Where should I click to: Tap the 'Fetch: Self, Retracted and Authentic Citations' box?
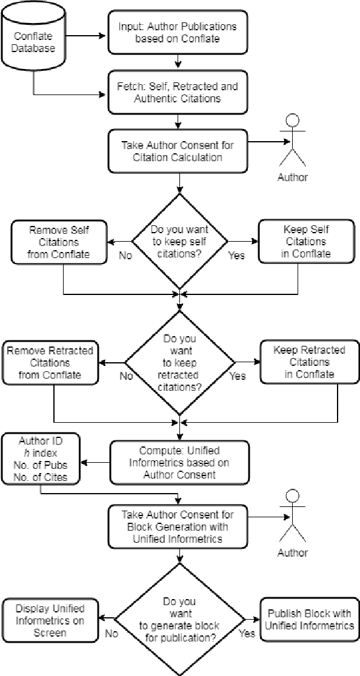coord(178,93)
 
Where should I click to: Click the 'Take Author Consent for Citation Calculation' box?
coord(178,151)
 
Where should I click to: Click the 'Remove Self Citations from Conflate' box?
coord(59,241)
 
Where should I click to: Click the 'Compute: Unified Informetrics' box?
coord(179,462)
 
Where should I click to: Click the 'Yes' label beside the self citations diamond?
coord(236,255)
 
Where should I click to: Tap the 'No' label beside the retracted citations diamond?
coord(126,376)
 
